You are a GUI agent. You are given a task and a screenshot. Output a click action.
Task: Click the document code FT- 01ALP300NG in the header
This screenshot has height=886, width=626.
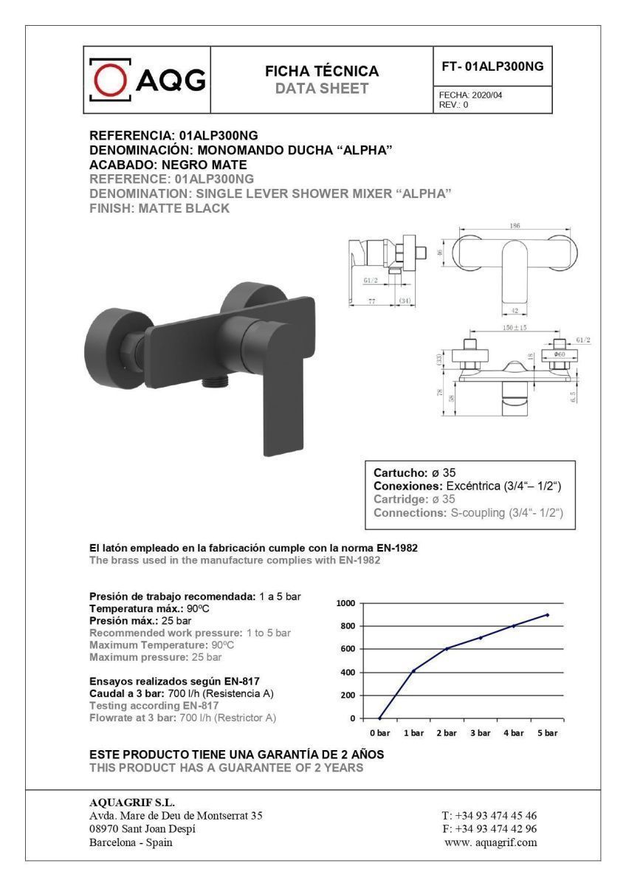click(x=492, y=66)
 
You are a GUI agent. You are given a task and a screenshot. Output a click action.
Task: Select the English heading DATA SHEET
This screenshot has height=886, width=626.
click(x=322, y=89)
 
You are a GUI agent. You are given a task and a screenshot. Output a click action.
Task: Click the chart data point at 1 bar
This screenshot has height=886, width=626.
click(x=413, y=670)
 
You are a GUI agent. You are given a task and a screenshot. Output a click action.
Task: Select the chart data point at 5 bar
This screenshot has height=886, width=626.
click(x=547, y=614)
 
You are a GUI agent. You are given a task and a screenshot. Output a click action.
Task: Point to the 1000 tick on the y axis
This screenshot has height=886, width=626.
click(x=346, y=603)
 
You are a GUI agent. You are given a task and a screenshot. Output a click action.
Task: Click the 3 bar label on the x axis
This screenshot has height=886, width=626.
click(x=480, y=733)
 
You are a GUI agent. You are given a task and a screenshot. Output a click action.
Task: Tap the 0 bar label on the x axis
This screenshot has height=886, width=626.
click(x=379, y=733)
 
